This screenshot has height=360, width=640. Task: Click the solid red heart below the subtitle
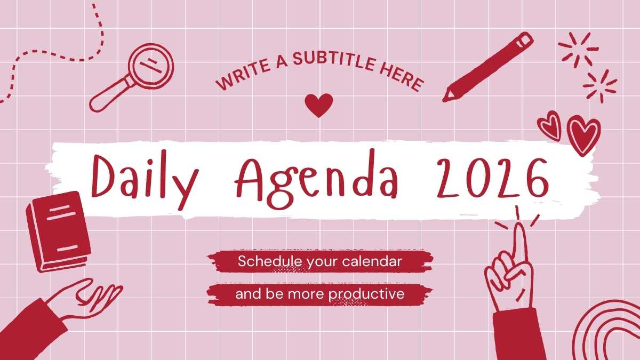318,104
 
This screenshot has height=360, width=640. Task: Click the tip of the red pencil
446,97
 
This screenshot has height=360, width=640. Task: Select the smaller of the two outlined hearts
549,126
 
